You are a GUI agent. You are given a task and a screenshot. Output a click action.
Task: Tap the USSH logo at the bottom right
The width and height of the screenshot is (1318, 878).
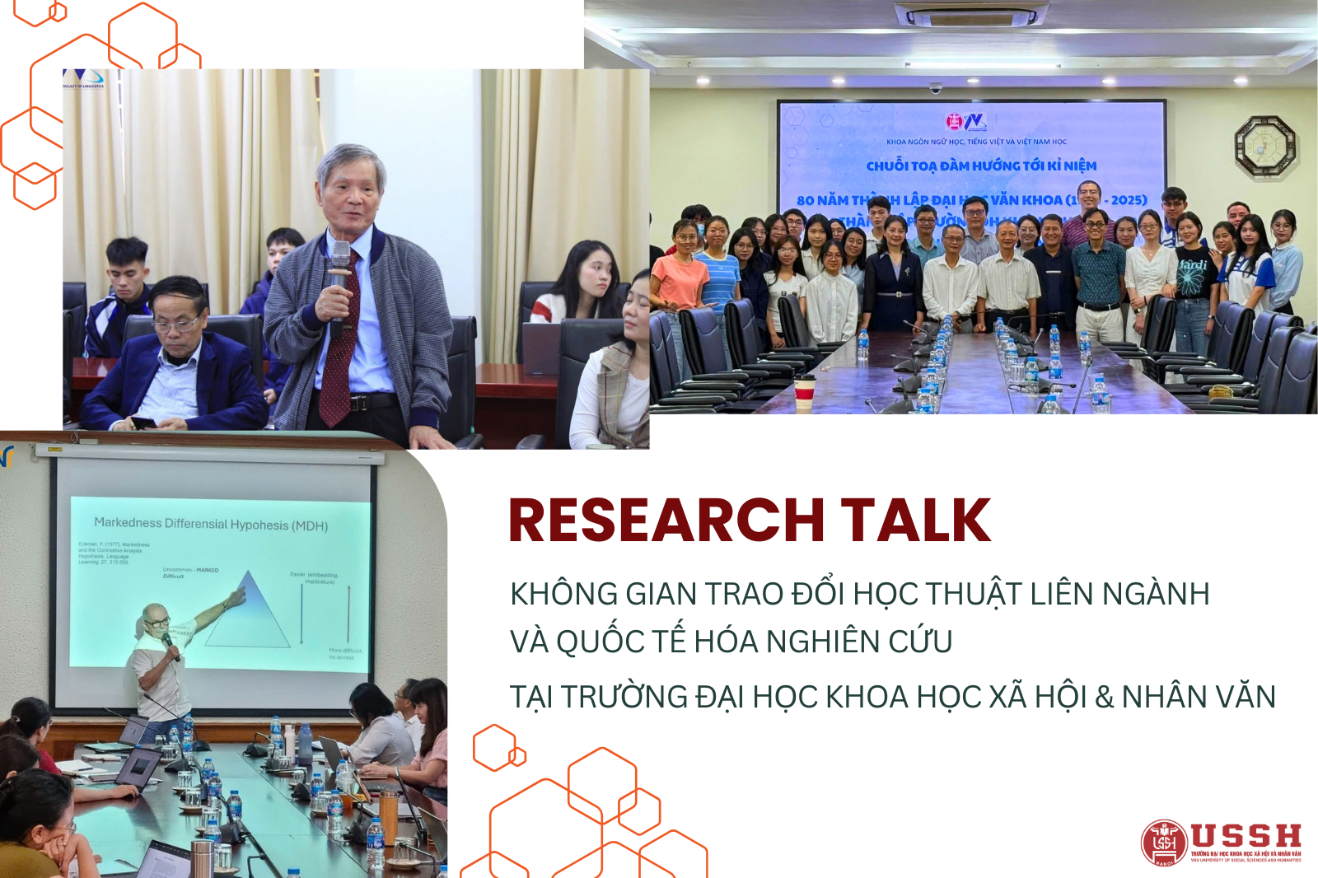(x=1221, y=842)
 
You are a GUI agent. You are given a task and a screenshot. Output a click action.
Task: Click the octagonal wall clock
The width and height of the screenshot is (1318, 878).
(x=1264, y=146)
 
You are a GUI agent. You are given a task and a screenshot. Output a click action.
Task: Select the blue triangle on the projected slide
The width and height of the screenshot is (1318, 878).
(x=248, y=614)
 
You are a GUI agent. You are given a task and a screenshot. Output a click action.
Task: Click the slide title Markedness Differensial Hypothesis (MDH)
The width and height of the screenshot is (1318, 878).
(x=211, y=524)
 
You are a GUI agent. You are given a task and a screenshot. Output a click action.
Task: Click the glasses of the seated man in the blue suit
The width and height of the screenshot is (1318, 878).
(x=177, y=324)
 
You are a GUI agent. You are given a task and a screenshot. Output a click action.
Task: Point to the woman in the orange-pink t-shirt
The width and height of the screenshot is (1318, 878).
(x=680, y=272)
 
